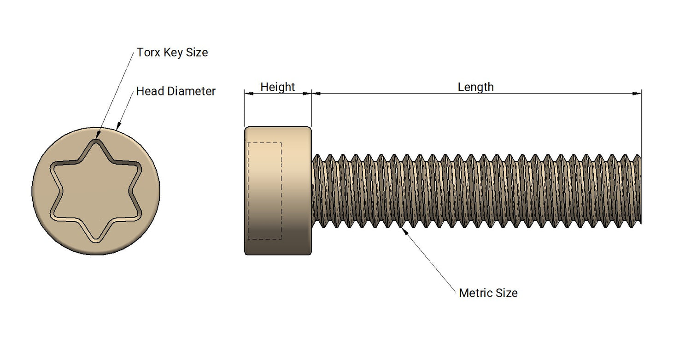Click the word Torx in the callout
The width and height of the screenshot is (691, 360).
click(148, 53)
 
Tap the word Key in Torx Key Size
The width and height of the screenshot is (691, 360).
click(173, 53)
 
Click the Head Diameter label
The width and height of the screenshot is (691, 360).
click(176, 91)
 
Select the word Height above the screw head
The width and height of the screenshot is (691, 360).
click(277, 87)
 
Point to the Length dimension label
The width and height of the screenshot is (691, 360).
click(475, 87)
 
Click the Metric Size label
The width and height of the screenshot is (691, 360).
click(488, 293)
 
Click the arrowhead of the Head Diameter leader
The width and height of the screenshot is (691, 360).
click(119, 126)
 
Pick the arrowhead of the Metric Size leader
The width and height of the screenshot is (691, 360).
click(405, 230)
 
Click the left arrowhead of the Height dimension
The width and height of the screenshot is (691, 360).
click(249, 94)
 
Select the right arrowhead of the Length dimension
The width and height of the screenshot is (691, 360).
click(637, 94)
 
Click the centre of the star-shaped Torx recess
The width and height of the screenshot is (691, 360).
click(96, 191)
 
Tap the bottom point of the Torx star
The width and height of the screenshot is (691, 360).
click(96, 240)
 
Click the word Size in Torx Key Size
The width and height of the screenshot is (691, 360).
click(197, 53)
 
